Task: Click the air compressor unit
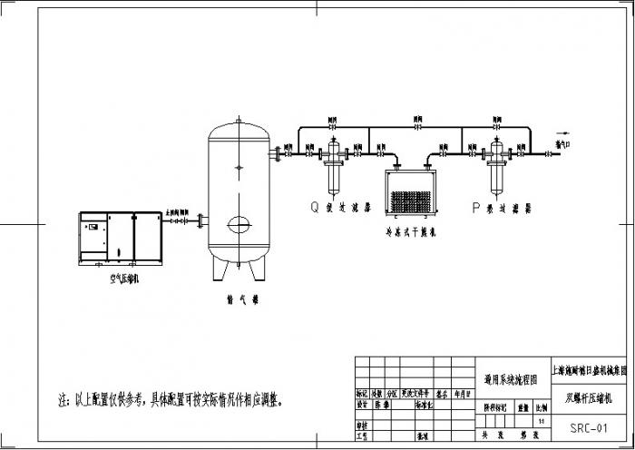121,238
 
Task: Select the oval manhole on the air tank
239,221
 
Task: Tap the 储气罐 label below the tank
239,297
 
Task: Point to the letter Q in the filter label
315,207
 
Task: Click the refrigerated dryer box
413,193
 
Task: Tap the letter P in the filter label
475,207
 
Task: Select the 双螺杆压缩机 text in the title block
590,396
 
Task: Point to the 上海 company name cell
590,370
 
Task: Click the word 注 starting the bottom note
63,398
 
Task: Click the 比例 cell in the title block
542,409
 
